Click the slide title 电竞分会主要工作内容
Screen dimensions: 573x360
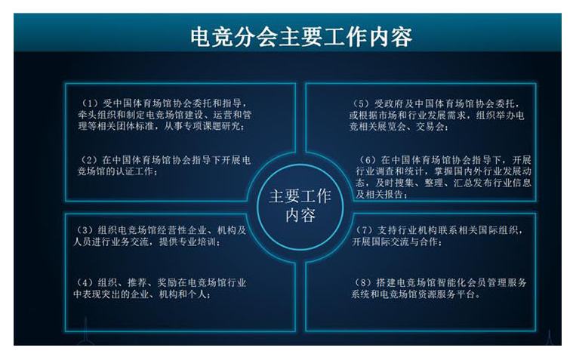pos(301,37)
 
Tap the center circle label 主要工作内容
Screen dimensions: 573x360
pos(300,206)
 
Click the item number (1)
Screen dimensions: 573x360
pos(89,103)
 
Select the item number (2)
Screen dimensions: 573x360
pos(89,160)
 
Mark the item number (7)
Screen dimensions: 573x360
pos(364,230)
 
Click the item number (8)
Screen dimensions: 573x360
pos(363,282)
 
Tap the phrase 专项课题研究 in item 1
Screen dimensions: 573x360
pos(212,127)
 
